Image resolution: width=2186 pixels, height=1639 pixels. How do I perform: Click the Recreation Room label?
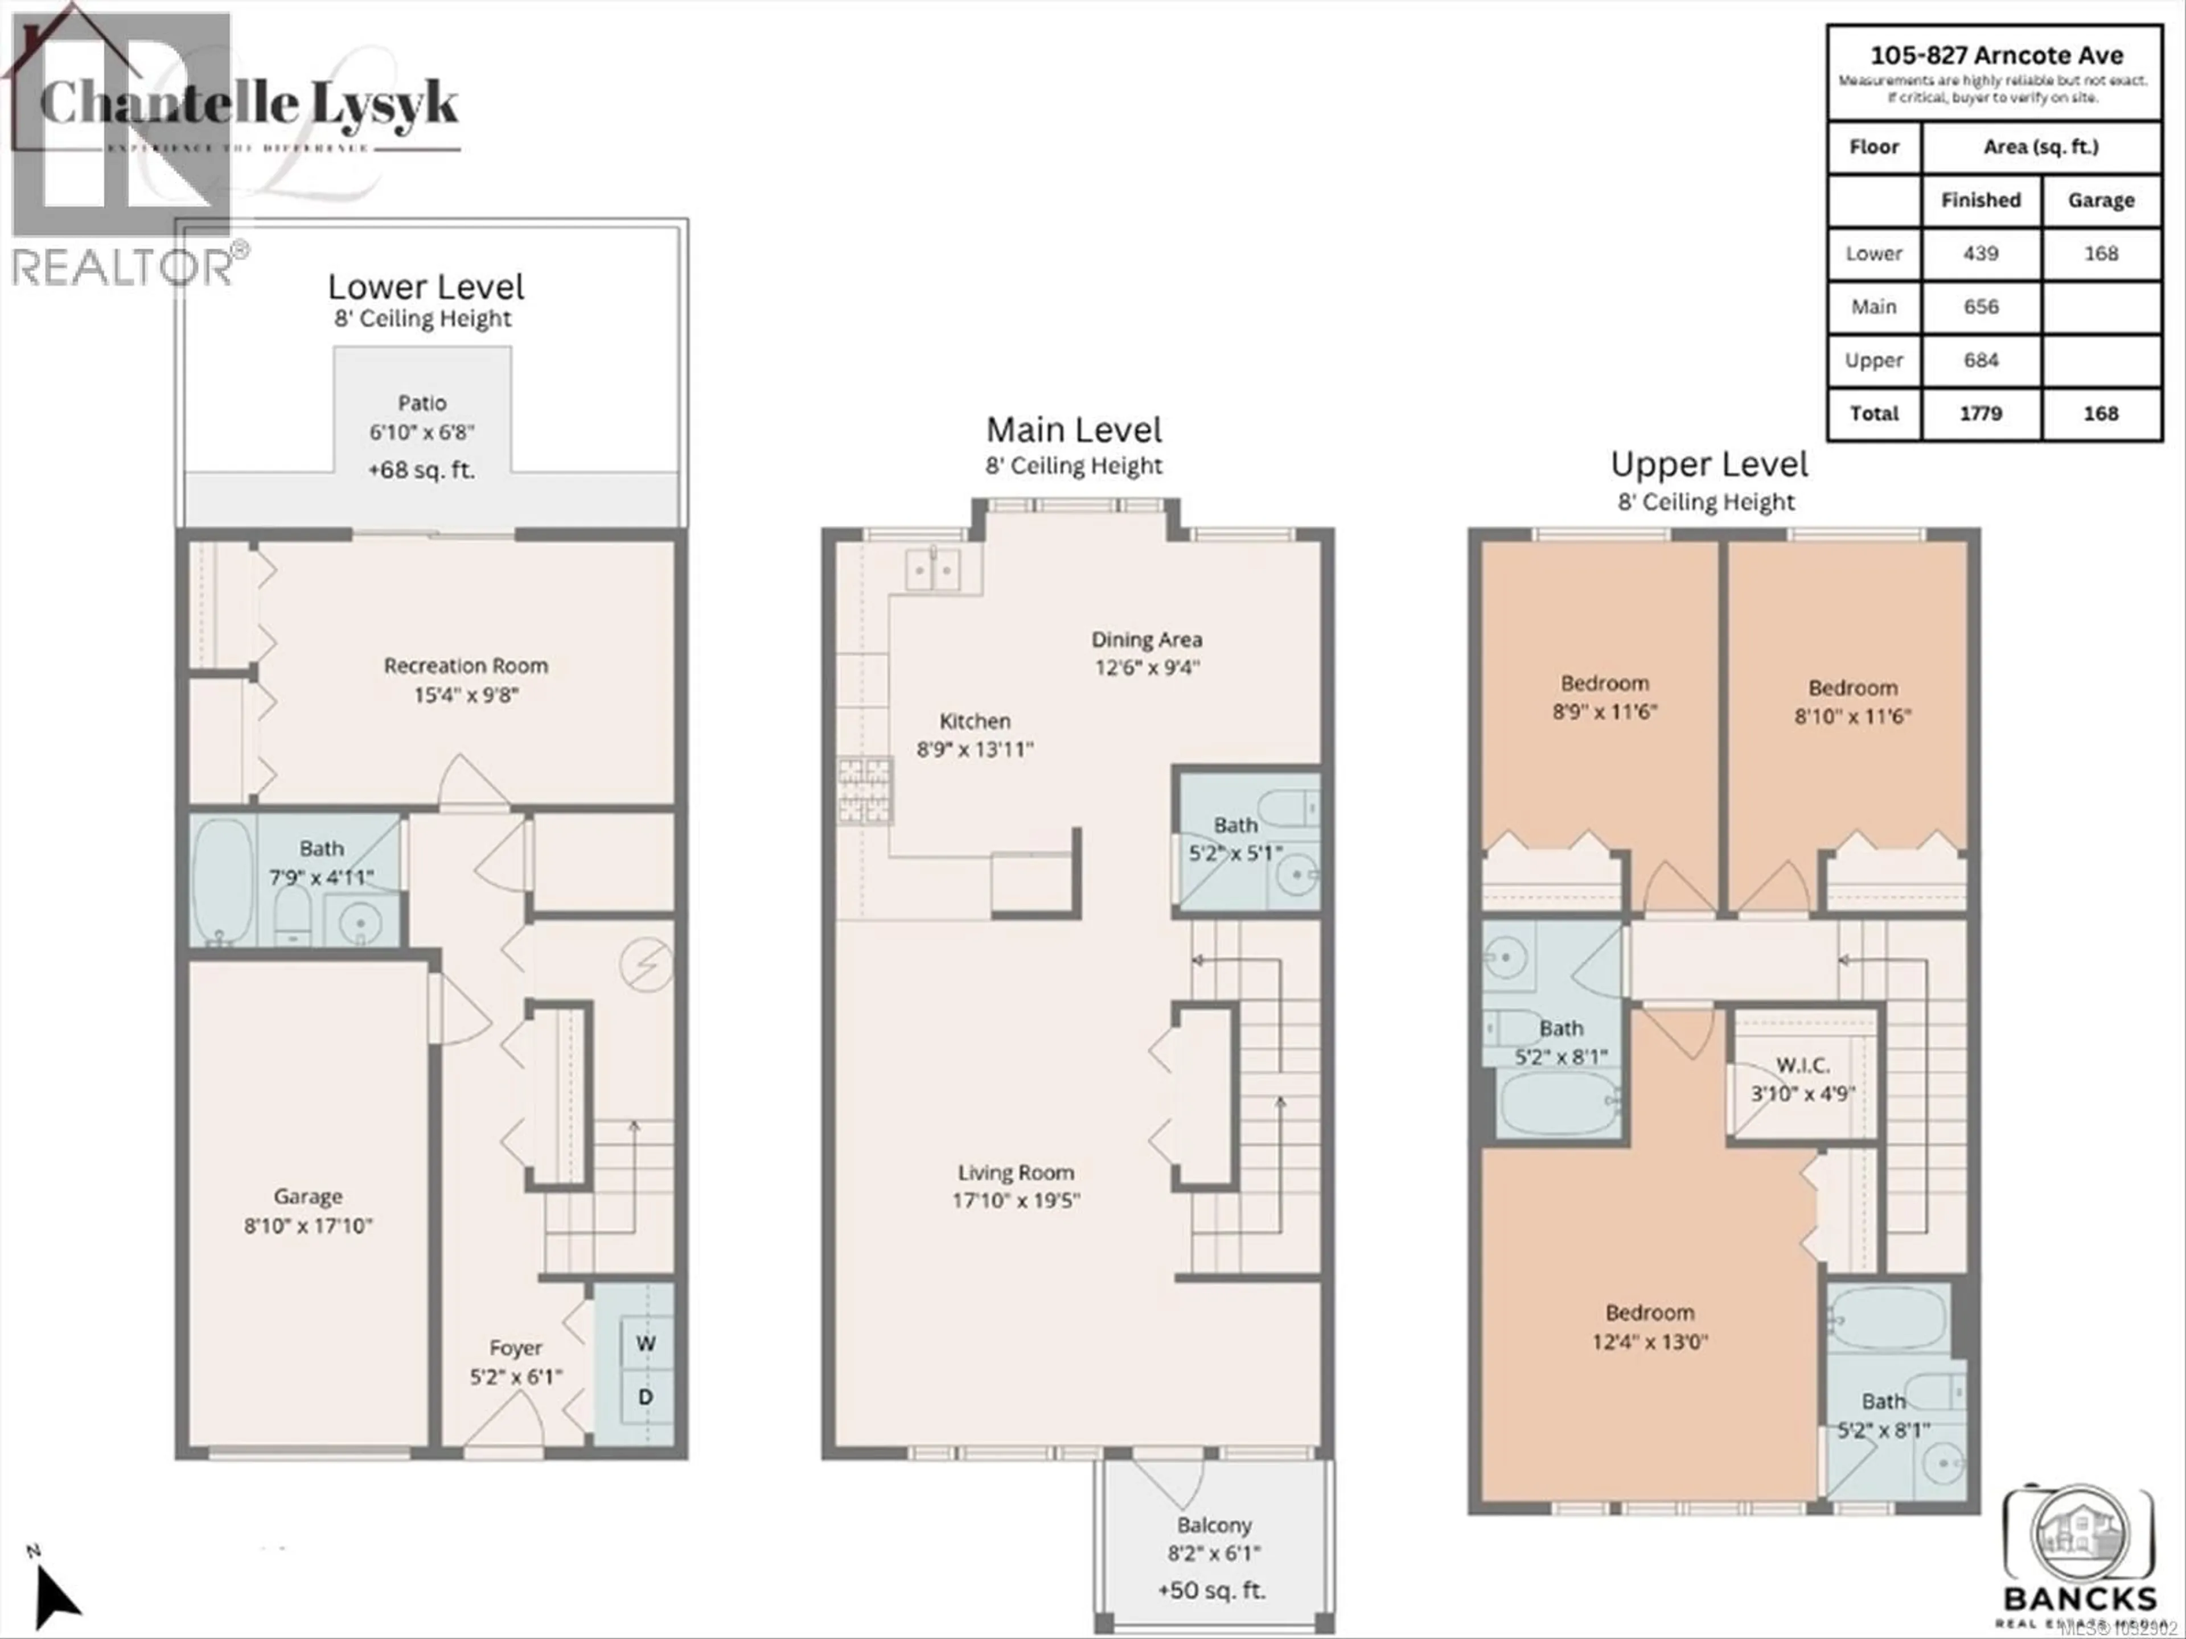pos(466,666)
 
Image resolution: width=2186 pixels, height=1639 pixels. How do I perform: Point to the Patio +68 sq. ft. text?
pos(421,470)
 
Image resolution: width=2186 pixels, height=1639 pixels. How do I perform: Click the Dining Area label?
pos(1147,639)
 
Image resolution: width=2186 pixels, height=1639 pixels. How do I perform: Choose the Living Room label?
pos(1016,1173)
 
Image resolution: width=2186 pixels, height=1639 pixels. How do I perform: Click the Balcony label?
pos(1214,1525)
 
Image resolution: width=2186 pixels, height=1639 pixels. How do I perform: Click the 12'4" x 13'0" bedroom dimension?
pos(1649,1341)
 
